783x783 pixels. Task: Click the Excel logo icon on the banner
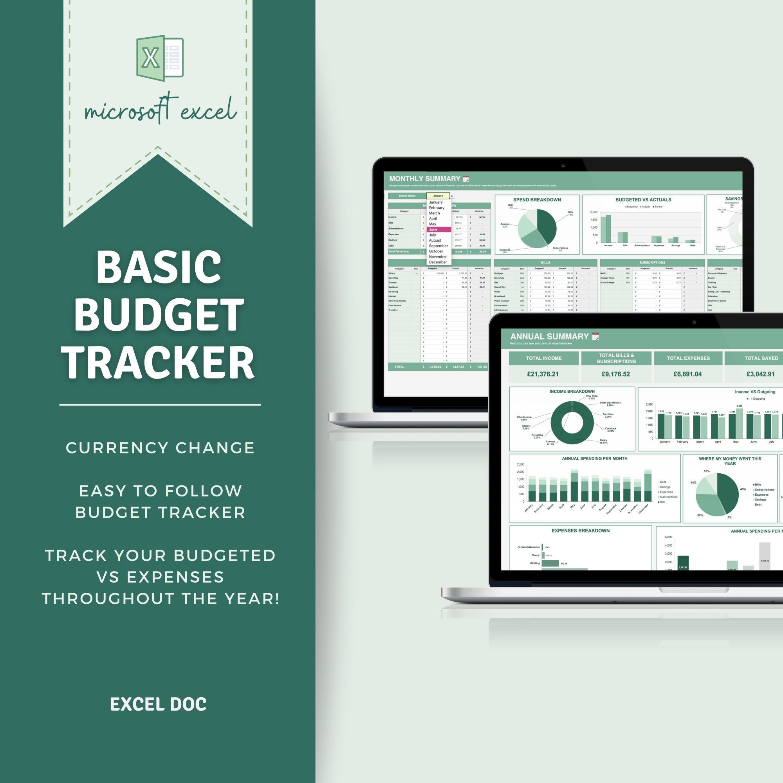[x=160, y=58]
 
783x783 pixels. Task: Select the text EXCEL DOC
[x=158, y=704]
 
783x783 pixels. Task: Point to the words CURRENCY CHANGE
[x=160, y=448]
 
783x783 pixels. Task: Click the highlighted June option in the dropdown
[x=438, y=229]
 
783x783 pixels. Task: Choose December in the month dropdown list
[x=438, y=262]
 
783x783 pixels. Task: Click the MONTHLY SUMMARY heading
[x=424, y=179]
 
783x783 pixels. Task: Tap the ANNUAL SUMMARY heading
[x=549, y=336]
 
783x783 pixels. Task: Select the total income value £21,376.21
[x=543, y=374]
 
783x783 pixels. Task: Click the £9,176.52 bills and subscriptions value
[x=615, y=374]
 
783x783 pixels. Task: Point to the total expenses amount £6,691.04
[x=687, y=374]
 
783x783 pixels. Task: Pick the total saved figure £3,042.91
[x=760, y=374]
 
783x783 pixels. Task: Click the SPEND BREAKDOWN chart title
[x=537, y=200]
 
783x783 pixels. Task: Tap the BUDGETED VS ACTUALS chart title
[x=643, y=200]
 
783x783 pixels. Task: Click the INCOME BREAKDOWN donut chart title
[x=572, y=391]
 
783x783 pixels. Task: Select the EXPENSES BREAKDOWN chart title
[x=580, y=530]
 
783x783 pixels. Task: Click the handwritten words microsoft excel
[x=160, y=110]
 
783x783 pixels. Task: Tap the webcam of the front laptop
[x=694, y=321]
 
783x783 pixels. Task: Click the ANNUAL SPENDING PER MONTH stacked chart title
[x=594, y=458]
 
